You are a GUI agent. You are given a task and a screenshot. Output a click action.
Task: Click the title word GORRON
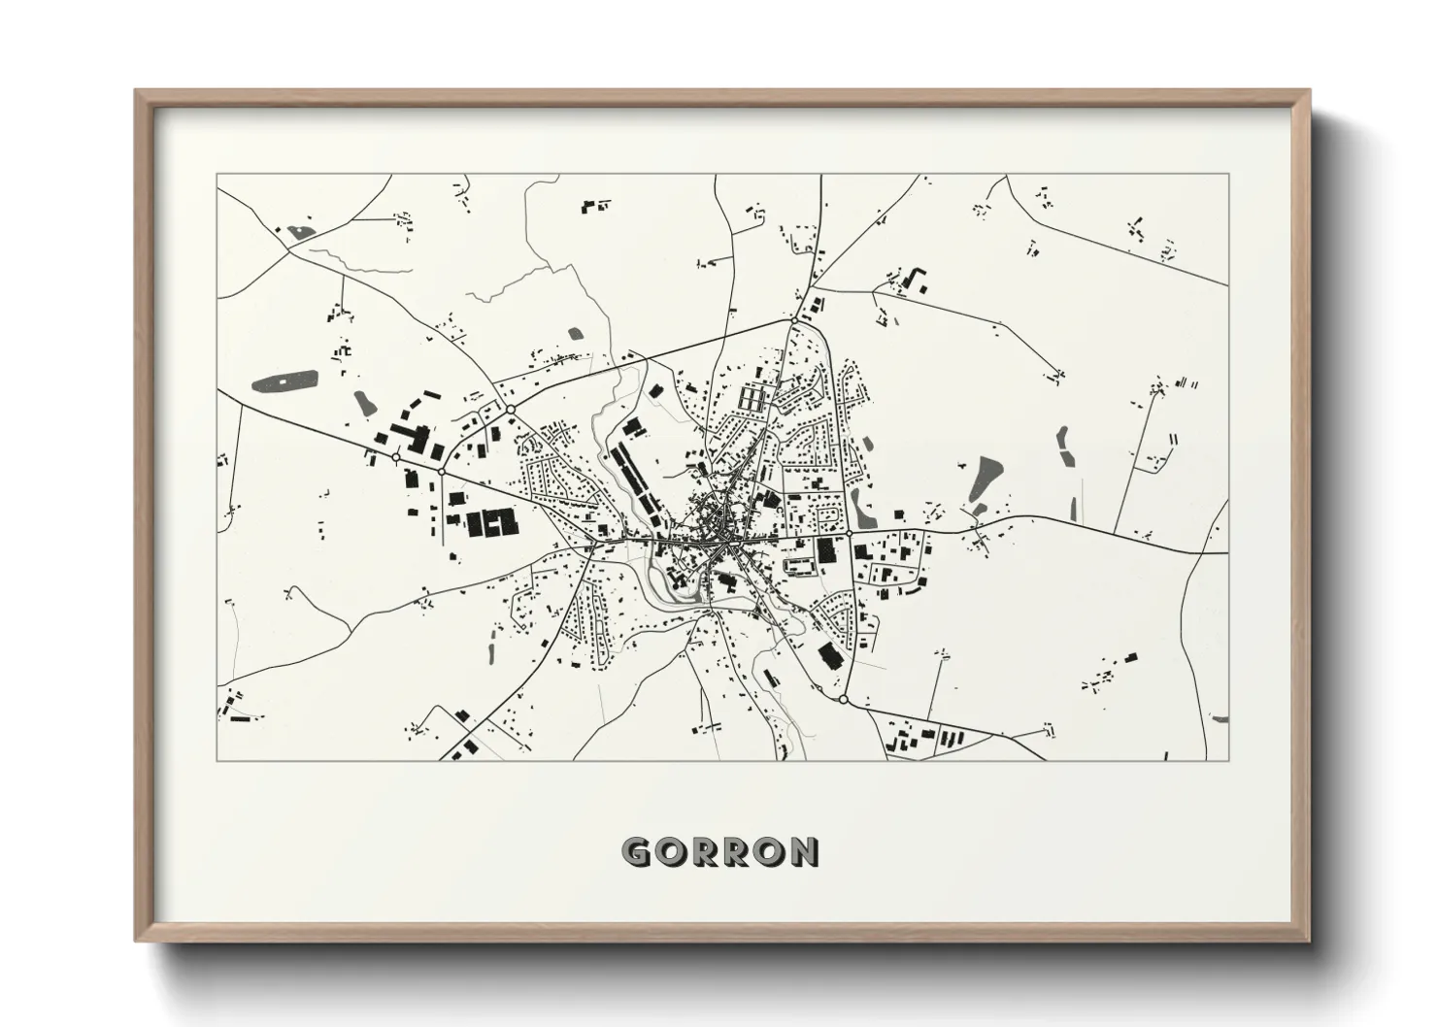click(x=719, y=851)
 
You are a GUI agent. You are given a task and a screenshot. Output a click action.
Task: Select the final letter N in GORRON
click(x=803, y=851)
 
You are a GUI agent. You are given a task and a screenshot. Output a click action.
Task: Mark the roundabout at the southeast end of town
click(x=843, y=699)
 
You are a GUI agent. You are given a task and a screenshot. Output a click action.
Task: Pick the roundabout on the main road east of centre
click(x=849, y=533)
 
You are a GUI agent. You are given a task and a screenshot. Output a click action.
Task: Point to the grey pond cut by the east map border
click(x=1220, y=718)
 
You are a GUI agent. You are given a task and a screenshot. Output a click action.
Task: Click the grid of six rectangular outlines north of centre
click(x=753, y=399)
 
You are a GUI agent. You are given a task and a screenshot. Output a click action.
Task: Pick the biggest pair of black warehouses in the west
click(x=491, y=522)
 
